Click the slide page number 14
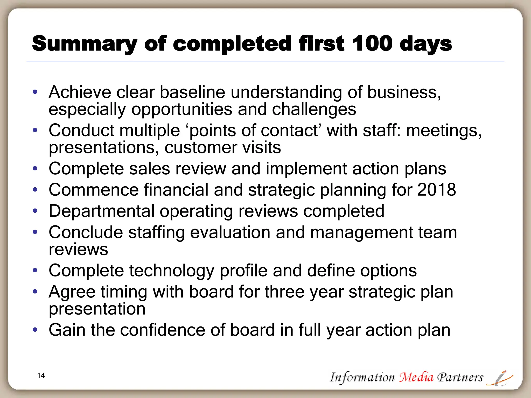coord(41,375)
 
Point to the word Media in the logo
coord(416,377)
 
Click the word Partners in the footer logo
coord(460,377)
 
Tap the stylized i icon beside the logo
coord(500,378)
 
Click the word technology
coord(172,271)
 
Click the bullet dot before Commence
coord(35,190)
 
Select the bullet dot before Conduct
coord(35,130)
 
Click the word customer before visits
coord(201,147)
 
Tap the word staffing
coord(156,232)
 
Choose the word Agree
coord(72,292)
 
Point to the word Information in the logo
coord(362,377)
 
